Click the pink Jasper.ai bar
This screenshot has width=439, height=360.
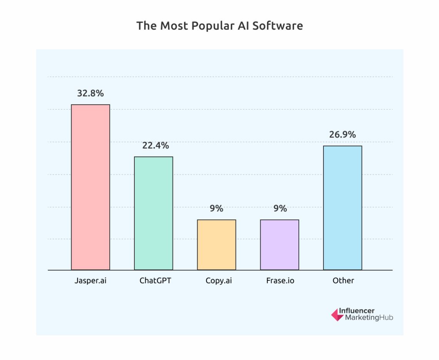click(x=90, y=187)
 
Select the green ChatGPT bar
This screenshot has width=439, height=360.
click(x=153, y=213)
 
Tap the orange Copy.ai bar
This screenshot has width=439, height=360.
click(x=216, y=244)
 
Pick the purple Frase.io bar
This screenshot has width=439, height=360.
click(x=280, y=244)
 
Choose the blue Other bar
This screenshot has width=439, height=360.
click(x=342, y=208)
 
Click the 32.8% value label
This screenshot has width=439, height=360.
click(x=90, y=93)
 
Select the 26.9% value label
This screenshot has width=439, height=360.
click(x=342, y=135)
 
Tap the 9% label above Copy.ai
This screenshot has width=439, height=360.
click(x=216, y=209)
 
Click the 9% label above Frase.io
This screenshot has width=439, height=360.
click(x=280, y=209)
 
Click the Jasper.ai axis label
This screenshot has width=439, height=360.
click(x=90, y=281)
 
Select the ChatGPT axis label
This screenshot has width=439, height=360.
click(x=155, y=281)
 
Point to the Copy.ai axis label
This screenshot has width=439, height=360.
click(x=219, y=281)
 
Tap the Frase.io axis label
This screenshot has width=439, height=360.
click(x=280, y=281)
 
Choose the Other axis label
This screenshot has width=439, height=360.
click(x=343, y=281)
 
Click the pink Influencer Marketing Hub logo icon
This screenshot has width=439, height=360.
click(x=337, y=315)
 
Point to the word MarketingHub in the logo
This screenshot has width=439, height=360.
click(x=369, y=318)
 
